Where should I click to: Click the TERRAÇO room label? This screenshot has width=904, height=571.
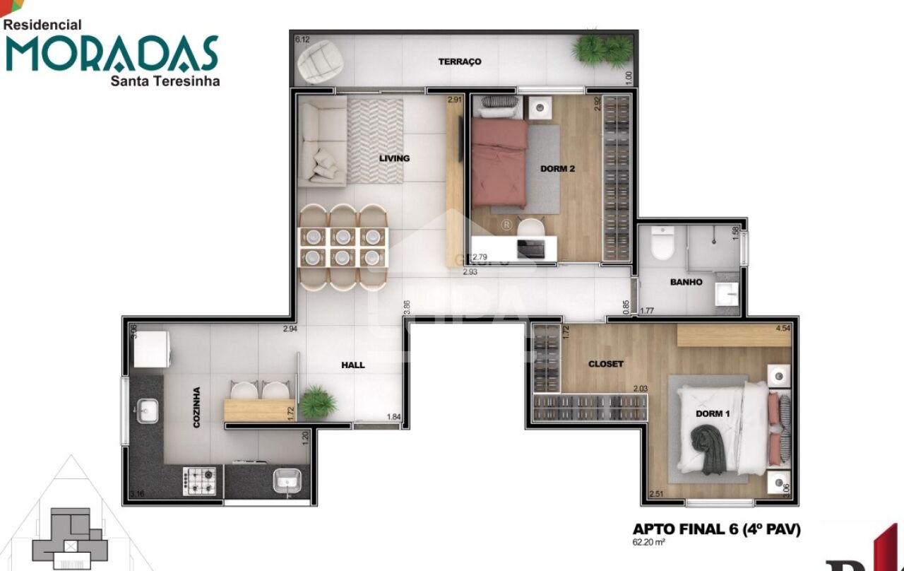[x=460, y=61]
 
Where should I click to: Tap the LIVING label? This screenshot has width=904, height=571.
[x=394, y=158]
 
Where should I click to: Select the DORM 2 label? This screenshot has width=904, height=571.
[x=557, y=168]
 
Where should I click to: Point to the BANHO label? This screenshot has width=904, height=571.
[x=686, y=282]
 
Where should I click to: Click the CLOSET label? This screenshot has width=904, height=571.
[x=606, y=364]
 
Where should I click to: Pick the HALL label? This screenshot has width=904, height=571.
[x=353, y=365]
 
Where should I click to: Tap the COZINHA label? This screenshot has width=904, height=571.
[x=196, y=408]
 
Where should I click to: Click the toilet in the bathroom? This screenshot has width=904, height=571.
[x=662, y=243]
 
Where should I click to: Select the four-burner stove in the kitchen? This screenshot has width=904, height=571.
[x=199, y=481]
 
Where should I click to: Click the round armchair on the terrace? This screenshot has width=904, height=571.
[x=320, y=61]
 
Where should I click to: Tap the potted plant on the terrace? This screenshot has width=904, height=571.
[x=602, y=50]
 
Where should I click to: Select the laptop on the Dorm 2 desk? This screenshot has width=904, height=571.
[x=530, y=248]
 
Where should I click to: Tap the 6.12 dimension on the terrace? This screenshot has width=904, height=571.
[x=302, y=40]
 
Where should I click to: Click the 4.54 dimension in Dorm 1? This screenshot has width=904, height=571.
[x=783, y=329]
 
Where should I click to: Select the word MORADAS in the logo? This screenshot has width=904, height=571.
[x=112, y=53]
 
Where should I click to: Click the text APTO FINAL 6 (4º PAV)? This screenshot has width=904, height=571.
[x=716, y=529]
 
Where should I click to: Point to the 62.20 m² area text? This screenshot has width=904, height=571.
[x=649, y=543]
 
